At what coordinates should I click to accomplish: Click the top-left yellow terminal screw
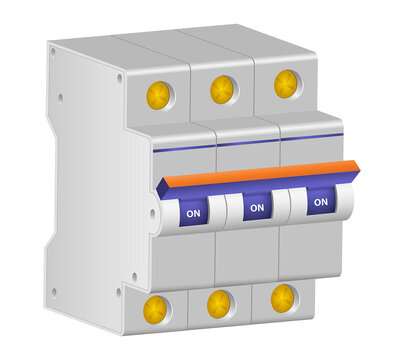[159, 96]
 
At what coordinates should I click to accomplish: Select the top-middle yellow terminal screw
[223, 89]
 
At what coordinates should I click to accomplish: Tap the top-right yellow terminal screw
[286, 83]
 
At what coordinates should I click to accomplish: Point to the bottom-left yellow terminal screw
[156, 308]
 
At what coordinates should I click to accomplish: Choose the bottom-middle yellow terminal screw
[220, 302]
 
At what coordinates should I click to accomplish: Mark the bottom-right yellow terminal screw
[283, 296]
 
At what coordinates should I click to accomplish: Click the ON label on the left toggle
[192, 213]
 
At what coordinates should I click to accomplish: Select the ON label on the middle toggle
[256, 207]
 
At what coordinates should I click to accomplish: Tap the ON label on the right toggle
[320, 201]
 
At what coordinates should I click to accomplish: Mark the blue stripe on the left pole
[184, 149]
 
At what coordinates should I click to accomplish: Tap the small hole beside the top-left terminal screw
[121, 77]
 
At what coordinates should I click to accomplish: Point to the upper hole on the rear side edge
[59, 98]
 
